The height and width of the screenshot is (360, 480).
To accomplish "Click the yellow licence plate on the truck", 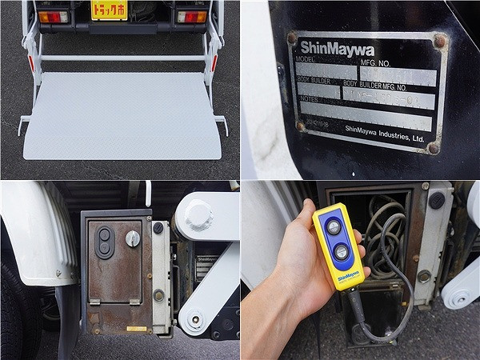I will click(x=109, y=10).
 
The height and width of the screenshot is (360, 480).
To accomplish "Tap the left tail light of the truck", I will click(x=54, y=17).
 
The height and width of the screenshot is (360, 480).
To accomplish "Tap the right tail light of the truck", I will click(x=191, y=17).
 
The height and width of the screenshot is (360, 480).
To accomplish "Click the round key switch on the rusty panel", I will click(x=133, y=238).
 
